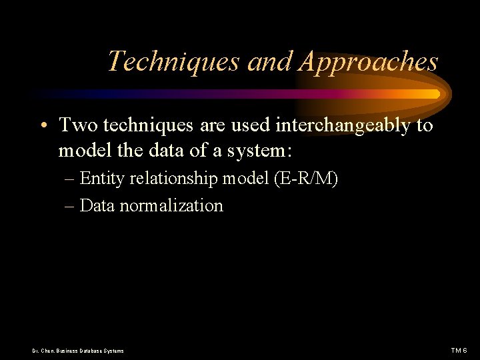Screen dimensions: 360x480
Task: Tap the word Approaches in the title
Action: coord(369,62)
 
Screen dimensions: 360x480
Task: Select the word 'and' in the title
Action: coord(271,62)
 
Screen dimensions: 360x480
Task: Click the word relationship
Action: coord(173,179)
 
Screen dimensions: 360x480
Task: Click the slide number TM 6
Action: coord(459,351)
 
